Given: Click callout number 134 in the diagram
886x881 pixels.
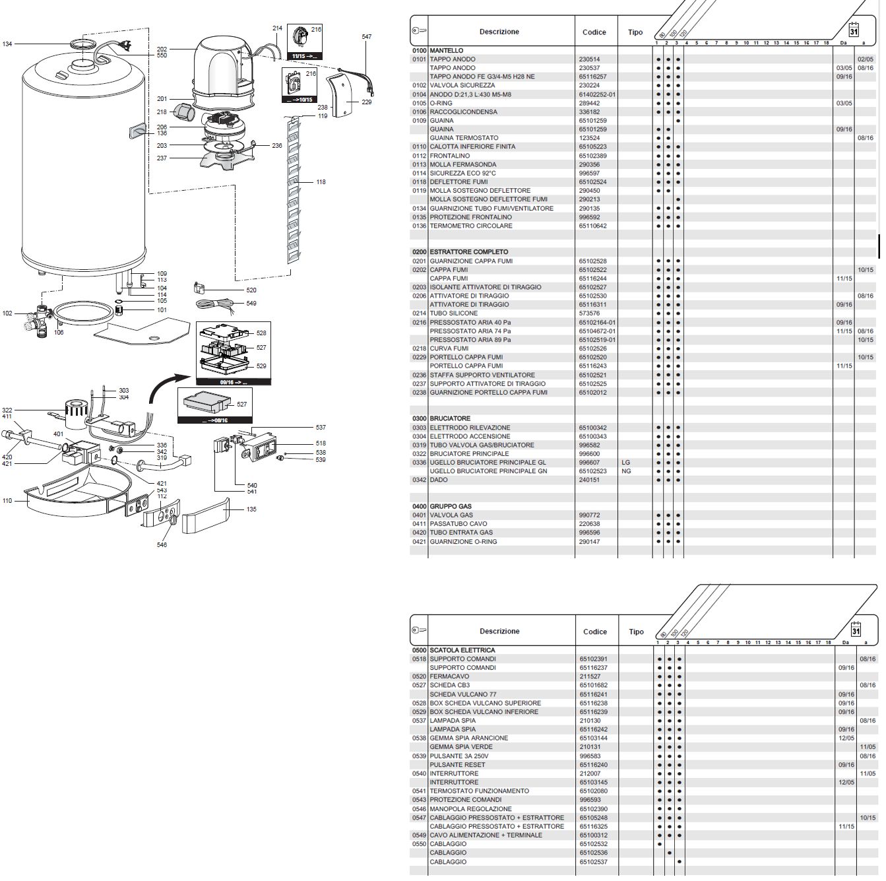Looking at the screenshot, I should [x=7, y=44].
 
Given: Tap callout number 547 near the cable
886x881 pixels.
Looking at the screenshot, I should [x=366, y=37].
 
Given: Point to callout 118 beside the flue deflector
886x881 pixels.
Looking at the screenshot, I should [x=321, y=182].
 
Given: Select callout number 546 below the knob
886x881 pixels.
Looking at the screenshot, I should [x=162, y=545].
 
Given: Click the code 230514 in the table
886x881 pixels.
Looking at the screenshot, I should [x=589, y=59].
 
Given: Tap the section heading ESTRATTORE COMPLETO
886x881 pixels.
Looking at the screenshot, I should [x=468, y=252].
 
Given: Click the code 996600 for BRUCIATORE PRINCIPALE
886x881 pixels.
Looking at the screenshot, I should [x=589, y=454].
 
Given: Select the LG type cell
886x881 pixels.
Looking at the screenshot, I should [x=626, y=463].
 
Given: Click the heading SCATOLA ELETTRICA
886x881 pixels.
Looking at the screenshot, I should [x=462, y=650].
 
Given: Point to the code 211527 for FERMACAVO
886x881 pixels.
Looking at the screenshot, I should [x=589, y=676].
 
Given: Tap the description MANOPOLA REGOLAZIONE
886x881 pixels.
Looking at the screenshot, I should [x=470, y=808].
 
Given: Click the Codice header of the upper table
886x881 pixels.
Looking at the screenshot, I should [x=594, y=32].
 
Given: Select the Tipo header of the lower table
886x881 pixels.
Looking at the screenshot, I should [x=636, y=632].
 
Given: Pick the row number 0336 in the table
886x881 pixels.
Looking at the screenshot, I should [x=420, y=463].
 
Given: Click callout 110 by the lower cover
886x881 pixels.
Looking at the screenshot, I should [x=7, y=501].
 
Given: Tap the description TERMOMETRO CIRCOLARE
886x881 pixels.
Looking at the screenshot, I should [x=471, y=226].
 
